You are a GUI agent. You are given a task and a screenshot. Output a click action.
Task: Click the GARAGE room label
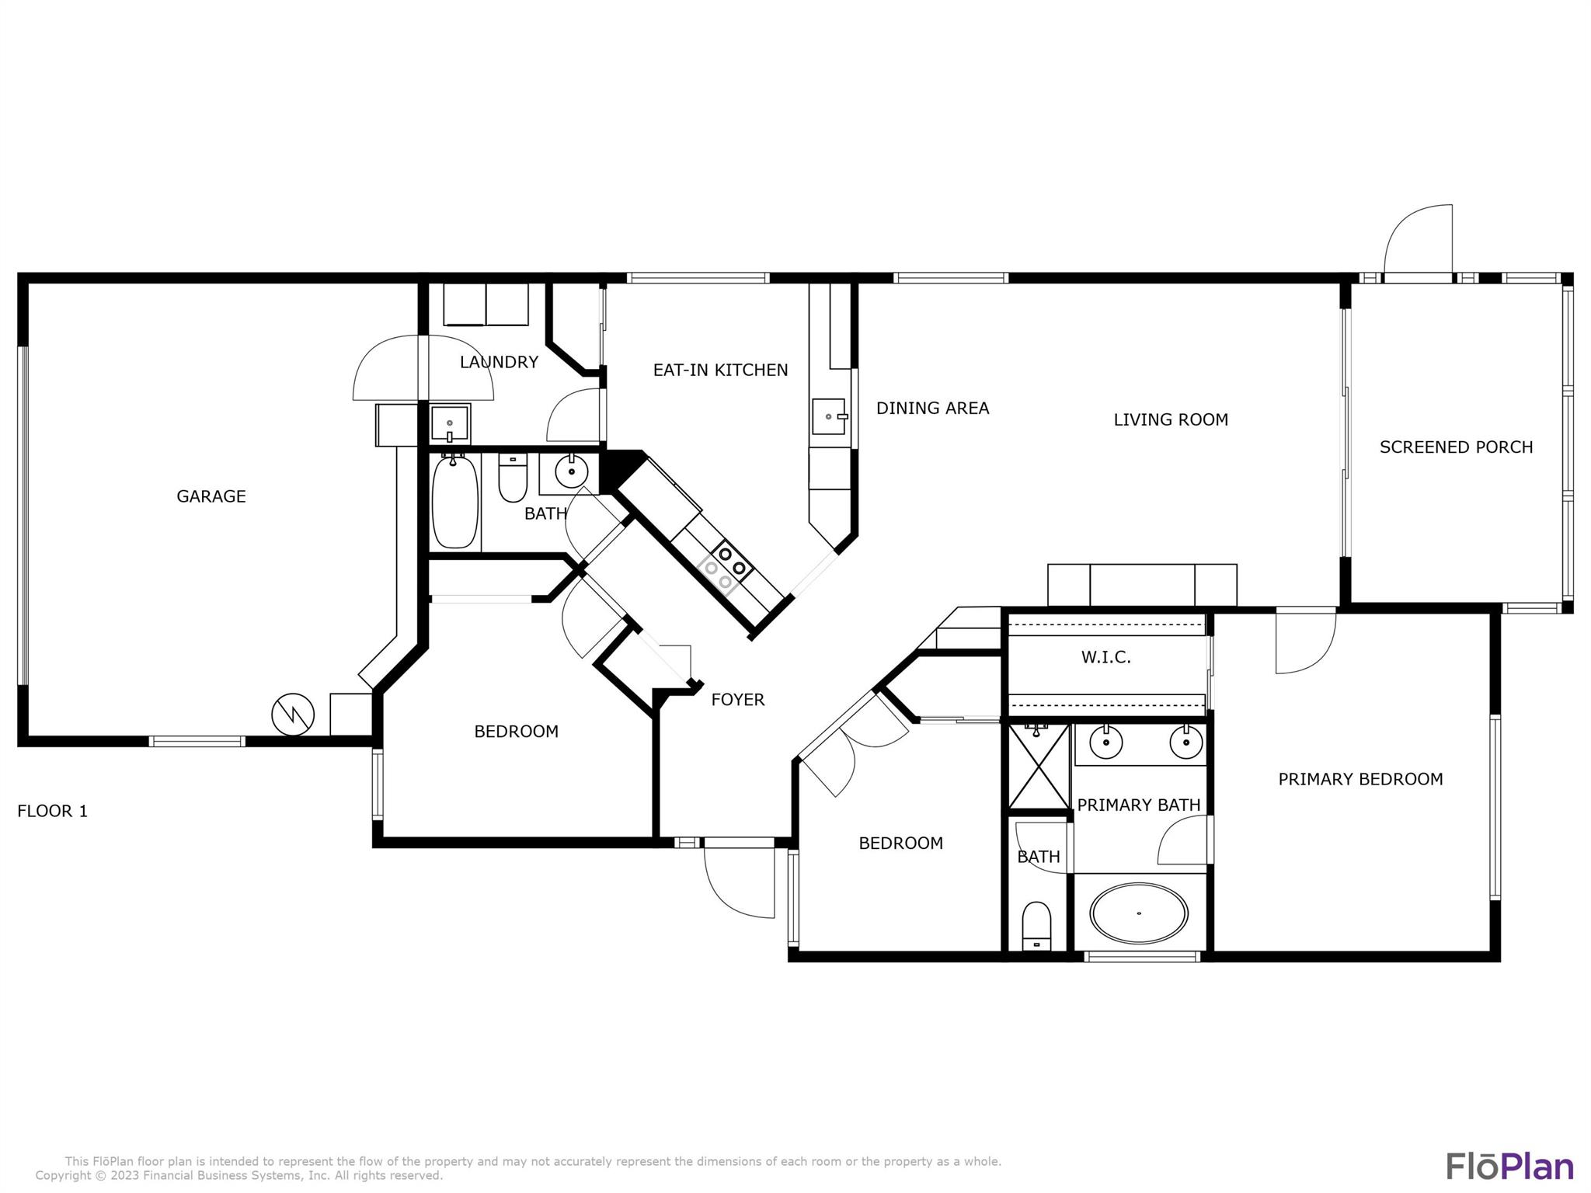point(211,496)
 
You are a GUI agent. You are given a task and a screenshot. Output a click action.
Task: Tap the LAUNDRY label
point(499,362)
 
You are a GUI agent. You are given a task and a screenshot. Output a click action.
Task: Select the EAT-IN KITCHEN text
point(720,370)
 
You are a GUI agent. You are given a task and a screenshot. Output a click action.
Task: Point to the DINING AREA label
point(932,409)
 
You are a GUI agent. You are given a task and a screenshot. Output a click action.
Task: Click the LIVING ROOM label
point(1171,420)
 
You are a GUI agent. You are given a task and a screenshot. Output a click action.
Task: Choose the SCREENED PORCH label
point(1456,447)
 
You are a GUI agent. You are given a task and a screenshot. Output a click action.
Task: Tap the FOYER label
point(738,700)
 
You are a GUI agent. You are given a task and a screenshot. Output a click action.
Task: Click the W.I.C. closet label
point(1105,658)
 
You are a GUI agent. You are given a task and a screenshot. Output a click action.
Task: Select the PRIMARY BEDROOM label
point(1360,779)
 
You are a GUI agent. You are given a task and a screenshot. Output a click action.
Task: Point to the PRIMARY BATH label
point(1138,805)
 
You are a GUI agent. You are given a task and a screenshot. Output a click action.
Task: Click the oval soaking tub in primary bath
point(1139,913)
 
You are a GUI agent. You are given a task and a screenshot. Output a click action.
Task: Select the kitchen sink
point(830,417)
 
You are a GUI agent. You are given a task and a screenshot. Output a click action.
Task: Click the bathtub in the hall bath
point(454,502)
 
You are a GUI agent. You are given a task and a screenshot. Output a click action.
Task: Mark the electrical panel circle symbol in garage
point(293,714)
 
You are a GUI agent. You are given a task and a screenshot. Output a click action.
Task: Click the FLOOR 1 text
point(53,812)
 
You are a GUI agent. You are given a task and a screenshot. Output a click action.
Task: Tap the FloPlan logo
point(1509,1167)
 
